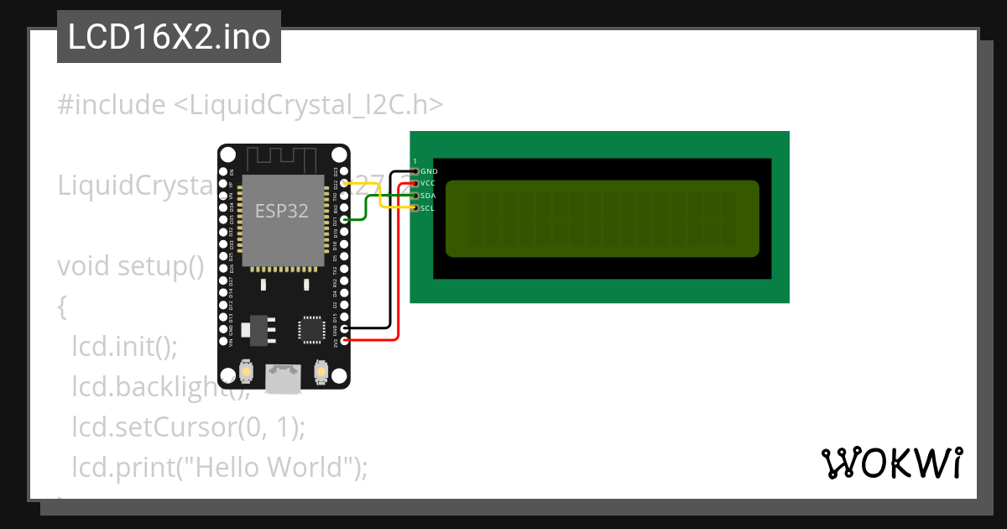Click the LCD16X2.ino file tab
point(169,38)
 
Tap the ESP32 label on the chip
point(281,211)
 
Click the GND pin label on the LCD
point(428,170)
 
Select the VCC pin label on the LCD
point(428,183)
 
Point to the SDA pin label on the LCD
point(428,195)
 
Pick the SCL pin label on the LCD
point(428,207)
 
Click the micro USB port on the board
point(283,379)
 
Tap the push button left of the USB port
point(247,370)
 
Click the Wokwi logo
point(891,463)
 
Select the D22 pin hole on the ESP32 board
point(346,183)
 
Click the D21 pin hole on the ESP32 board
point(346,220)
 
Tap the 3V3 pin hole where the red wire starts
point(346,341)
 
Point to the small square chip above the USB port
point(312,329)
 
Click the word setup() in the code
point(160,266)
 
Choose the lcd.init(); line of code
point(125,346)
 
